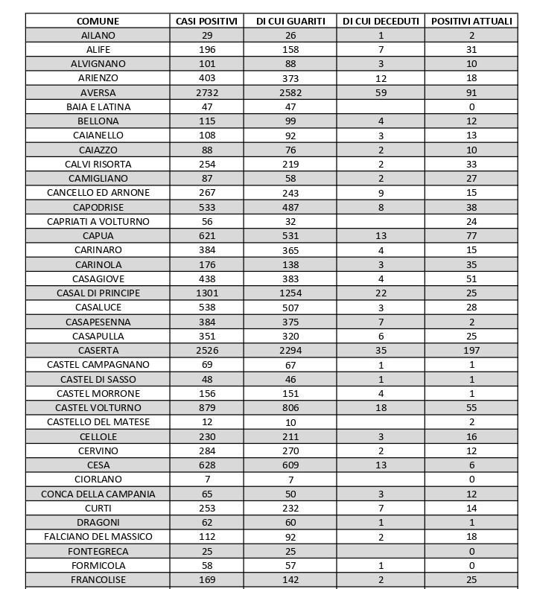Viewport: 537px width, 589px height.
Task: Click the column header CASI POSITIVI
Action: [207, 21]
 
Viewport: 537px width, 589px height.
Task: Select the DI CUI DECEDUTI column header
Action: [381, 21]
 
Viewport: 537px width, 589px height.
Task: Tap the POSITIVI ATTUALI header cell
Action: [471, 21]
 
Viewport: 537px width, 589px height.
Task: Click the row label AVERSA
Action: [98, 92]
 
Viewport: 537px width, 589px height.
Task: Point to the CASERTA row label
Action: [98, 350]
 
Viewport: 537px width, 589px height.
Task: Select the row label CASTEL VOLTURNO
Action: [98, 407]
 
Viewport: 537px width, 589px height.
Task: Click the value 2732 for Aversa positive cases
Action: [207, 92]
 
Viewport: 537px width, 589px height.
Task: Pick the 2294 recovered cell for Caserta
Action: [290, 350]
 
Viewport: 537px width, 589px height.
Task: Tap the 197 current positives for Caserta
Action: [471, 350]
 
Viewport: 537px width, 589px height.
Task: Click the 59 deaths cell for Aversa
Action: [381, 92]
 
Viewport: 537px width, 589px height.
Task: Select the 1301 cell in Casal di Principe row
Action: [207, 293]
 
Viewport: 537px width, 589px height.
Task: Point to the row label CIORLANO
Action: [98, 479]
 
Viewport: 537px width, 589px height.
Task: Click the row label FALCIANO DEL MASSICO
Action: [98, 536]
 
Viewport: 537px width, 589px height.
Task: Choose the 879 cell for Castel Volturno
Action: [207, 407]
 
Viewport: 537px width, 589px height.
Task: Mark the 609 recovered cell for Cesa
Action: [290, 465]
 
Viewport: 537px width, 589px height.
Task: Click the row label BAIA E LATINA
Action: [98, 106]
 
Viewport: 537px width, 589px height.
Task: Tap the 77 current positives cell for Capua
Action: [471, 235]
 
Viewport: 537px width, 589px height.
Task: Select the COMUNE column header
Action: [98, 21]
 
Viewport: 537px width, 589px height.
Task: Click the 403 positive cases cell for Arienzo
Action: [207, 77]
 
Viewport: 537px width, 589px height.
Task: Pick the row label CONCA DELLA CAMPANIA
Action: [98, 494]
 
